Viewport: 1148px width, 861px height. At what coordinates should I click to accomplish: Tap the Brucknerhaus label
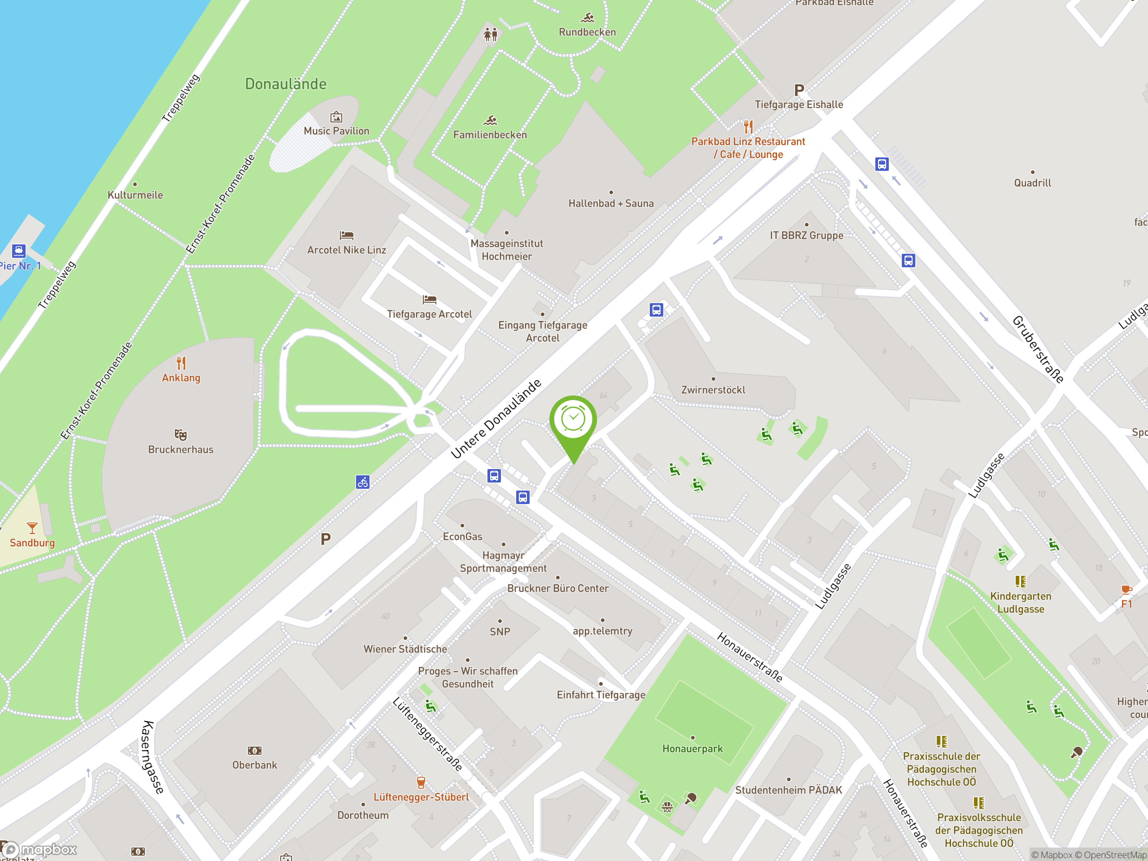(x=181, y=449)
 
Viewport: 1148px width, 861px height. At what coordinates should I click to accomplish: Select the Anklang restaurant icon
(x=181, y=362)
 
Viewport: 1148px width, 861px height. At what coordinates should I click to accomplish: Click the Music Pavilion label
(x=336, y=131)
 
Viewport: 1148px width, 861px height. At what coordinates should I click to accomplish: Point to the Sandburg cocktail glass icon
(x=32, y=528)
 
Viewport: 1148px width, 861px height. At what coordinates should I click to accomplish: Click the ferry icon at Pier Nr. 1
(x=19, y=251)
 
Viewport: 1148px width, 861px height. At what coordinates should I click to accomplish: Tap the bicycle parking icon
(x=363, y=482)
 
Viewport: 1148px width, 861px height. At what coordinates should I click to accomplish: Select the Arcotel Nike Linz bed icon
(x=347, y=235)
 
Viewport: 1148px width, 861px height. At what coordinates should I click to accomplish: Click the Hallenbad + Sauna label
(x=611, y=204)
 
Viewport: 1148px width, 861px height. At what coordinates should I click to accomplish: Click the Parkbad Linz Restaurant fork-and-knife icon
(x=748, y=126)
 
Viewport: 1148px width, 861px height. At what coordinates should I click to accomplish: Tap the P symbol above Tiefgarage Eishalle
(x=799, y=90)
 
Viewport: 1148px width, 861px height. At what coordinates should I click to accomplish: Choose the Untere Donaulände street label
(x=496, y=419)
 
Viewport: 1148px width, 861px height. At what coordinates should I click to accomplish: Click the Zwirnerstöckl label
(x=713, y=390)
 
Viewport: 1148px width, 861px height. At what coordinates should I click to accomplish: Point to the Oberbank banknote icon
(x=255, y=750)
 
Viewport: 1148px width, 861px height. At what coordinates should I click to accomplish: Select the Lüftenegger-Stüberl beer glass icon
(x=421, y=782)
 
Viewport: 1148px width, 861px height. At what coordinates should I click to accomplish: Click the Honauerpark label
(x=692, y=748)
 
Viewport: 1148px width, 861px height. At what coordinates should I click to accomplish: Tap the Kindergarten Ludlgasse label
(x=1020, y=603)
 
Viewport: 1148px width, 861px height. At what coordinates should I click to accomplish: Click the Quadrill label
(x=1032, y=183)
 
